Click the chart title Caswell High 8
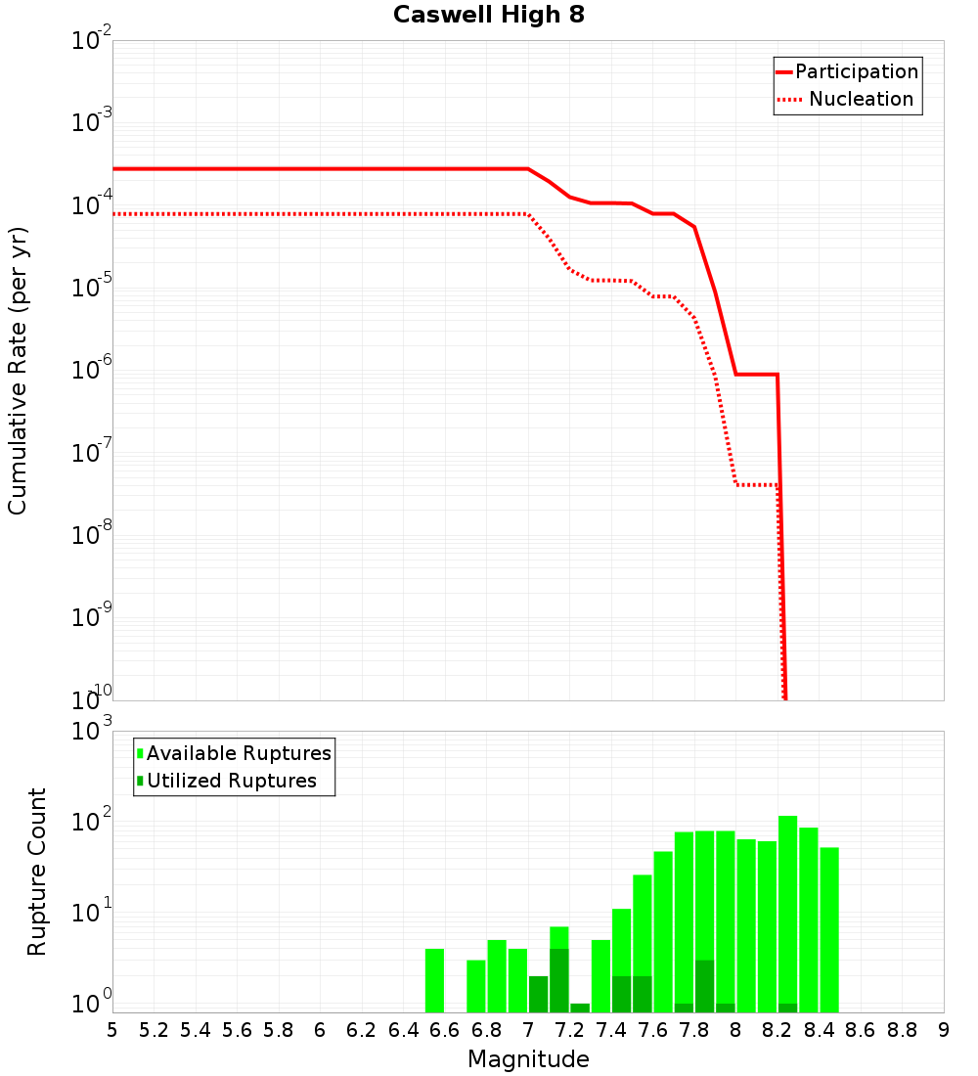point(488,16)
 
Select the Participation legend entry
point(856,71)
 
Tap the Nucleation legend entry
point(860,99)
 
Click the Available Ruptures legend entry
point(239,753)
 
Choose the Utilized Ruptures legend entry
point(231,781)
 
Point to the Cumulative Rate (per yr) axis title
point(18,371)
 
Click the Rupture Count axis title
point(37,872)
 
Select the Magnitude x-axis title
point(528,1059)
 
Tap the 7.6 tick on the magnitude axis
point(652,1030)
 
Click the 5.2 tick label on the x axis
point(154,1030)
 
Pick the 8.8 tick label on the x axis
point(902,1030)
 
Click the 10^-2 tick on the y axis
point(92,40)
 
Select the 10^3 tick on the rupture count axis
point(92,731)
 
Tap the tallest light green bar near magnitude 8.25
point(788,910)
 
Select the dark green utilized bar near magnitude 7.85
point(704,986)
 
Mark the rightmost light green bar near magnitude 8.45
point(829,929)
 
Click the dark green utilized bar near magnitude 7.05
point(539,994)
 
